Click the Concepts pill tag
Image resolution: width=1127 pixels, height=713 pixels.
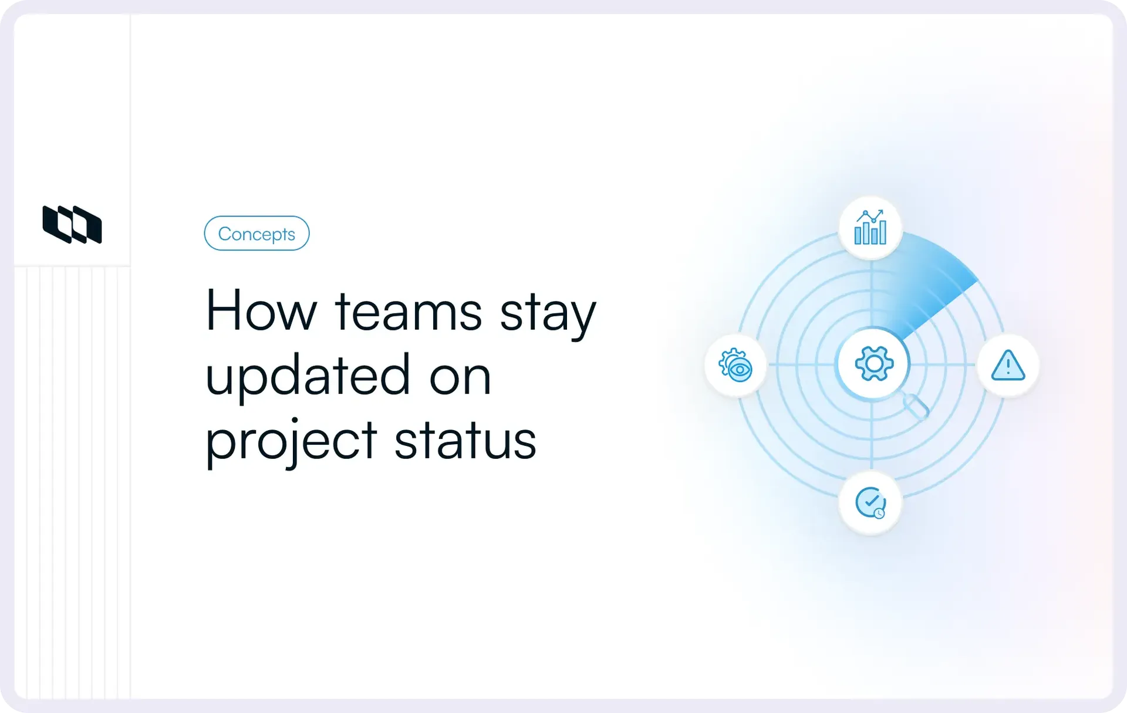(x=257, y=233)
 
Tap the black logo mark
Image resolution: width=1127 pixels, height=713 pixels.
(x=72, y=224)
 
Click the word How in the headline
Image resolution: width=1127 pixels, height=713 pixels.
(x=261, y=310)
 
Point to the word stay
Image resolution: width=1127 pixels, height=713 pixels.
(x=548, y=316)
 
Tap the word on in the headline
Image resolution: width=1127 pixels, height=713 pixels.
(x=460, y=379)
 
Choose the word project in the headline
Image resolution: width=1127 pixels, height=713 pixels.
(x=291, y=441)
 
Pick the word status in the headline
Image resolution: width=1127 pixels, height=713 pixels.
(x=465, y=440)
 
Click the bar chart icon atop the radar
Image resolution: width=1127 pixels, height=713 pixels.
(x=870, y=227)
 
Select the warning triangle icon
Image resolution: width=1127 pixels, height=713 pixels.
(x=1008, y=365)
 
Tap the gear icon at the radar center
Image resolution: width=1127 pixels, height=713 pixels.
(x=874, y=364)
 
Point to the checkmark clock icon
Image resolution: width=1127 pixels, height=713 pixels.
(x=870, y=503)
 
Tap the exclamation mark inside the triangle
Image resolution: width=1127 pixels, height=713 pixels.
(x=1008, y=367)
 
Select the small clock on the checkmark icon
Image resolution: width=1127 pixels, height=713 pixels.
(x=879, y=513)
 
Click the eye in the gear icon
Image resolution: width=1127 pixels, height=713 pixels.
(x=740, y=370)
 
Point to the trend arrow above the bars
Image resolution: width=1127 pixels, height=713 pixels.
(x=870, y=216)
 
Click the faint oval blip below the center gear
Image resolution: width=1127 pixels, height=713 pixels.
(x=916, y=406)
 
